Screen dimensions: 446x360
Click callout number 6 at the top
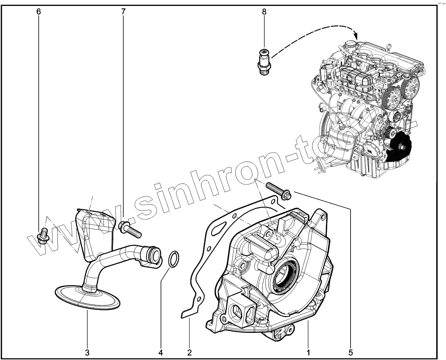[x=39, y=11]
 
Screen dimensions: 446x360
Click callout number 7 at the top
[x=123, y=11]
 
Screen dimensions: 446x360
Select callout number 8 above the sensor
[x=264, y=11]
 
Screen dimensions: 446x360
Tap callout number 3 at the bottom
[x=87, y=352]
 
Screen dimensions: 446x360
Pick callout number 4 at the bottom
[x=161, y=352]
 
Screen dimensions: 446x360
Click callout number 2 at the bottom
[x=190, y=352]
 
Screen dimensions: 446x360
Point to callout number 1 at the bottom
[x=308, y=352]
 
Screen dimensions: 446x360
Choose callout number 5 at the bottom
[x=351, y=352]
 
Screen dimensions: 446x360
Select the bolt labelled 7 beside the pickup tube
[x=129, y=229]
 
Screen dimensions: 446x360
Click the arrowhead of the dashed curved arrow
[x=356, y=35]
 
